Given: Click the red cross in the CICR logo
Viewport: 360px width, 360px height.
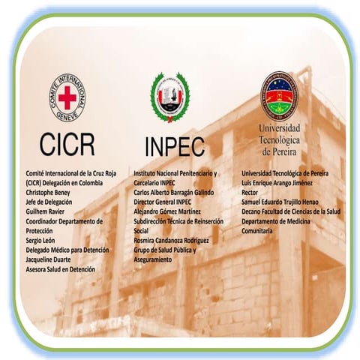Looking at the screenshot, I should (x=67, y=97).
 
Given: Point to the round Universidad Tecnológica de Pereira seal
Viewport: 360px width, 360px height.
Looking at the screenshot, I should (x=280, y=95).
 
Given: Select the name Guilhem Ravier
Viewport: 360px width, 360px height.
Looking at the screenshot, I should (x=48, y=211).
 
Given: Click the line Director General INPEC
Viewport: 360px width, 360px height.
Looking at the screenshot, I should (x=163, y=202).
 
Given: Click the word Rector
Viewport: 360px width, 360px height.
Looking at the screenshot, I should (x=250, y=192).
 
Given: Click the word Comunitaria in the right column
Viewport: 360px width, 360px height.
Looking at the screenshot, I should (x=257, y=231).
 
